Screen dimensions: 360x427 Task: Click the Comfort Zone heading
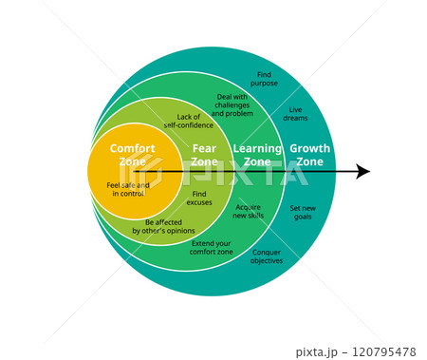(132, 155)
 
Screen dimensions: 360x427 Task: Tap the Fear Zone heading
(204, 155)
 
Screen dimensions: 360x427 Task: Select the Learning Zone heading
(257, 155)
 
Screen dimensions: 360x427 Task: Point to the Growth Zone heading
(310, 155)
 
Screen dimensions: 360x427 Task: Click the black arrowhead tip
(368, 172)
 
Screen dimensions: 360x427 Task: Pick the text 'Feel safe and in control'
(128, 189)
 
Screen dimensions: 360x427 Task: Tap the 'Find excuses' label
(199, 198)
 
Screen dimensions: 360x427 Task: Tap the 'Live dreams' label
(296, 114)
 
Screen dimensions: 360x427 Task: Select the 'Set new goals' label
(304, 212)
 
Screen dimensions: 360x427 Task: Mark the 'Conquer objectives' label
(267, 256)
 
